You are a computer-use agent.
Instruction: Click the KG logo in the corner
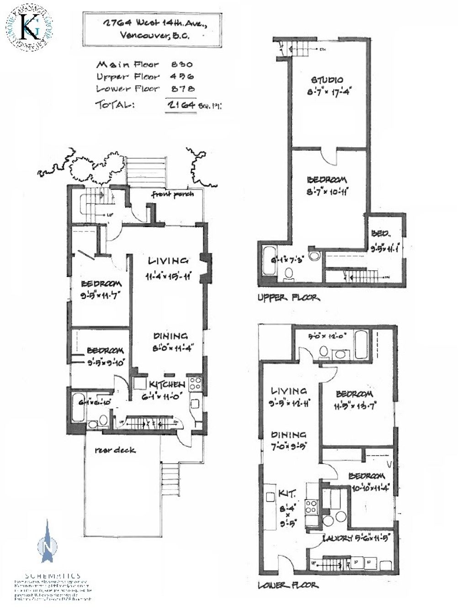[x=27, y=27]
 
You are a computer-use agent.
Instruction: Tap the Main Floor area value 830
[x=182, y=65]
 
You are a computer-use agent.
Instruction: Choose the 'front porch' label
[x=173, y=194]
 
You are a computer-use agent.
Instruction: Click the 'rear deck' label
[x=115, y=450]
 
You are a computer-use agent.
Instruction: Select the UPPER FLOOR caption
[x=288, y=298]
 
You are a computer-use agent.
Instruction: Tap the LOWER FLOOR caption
[x=288, y=585]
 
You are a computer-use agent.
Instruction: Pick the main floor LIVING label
[x=168, y=261]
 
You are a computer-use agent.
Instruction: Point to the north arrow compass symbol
[x=48, y=544]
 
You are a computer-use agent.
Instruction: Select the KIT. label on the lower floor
[x=287, y=494]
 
